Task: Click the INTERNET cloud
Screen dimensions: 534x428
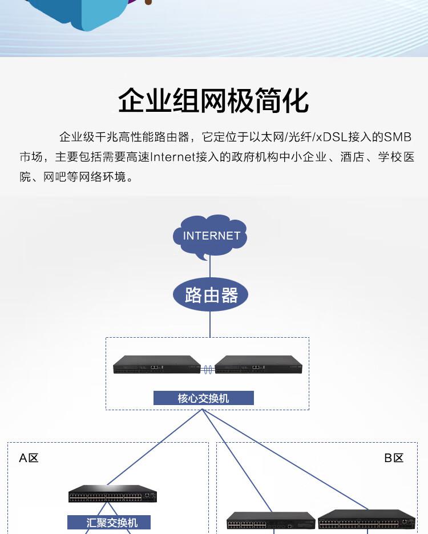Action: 211,236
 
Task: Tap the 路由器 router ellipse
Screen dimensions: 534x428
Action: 211,295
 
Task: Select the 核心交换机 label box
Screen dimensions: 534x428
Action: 203,398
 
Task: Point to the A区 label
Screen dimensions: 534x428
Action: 29,458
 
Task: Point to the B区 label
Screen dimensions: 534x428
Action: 394,458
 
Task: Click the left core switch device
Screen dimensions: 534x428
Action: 157,365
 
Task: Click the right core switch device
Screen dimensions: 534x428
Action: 259,365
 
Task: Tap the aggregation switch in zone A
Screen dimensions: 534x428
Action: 112,494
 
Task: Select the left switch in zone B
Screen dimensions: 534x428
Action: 271,520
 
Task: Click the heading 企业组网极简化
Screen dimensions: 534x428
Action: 213,100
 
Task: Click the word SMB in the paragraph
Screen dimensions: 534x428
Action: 398,137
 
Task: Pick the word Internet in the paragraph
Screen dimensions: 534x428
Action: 172,157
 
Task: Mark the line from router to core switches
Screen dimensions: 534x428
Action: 210,324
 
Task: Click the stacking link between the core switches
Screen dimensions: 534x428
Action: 208,369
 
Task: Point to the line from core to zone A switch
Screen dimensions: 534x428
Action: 154,447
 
